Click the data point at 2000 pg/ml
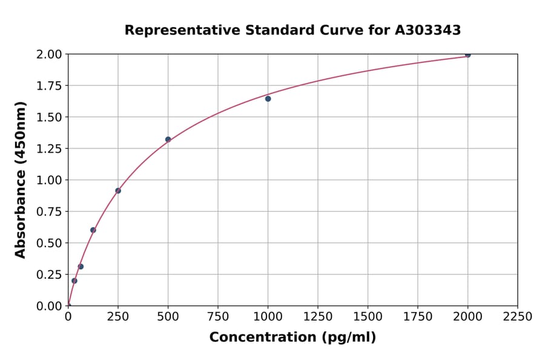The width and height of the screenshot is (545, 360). point(467,55)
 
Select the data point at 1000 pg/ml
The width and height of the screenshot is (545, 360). point(268,99)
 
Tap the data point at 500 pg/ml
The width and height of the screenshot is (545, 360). point(168,139)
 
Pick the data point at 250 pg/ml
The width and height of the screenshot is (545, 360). point(118,191)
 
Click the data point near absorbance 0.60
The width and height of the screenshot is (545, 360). point(93,230)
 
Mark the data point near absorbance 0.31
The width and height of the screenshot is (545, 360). point(81,267)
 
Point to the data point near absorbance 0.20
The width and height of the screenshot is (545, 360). point(74,281)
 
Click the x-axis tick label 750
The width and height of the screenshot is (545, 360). point(218,317)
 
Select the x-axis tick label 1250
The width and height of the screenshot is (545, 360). point(318,317)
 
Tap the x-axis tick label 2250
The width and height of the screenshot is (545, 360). point(518,317)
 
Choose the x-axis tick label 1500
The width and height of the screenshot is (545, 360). point(368,317)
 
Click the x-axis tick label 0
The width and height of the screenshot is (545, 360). point(68,317)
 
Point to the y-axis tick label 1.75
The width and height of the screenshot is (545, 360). point(48,86)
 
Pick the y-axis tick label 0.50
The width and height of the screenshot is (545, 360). point(48,243)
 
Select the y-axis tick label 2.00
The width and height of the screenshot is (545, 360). point(48,55)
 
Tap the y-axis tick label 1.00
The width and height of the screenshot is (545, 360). point(48,180)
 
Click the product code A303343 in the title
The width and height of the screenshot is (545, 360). point(428,30)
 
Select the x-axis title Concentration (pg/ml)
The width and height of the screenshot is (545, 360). point(292,338)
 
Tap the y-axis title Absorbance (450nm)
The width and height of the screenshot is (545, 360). point(21,180)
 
